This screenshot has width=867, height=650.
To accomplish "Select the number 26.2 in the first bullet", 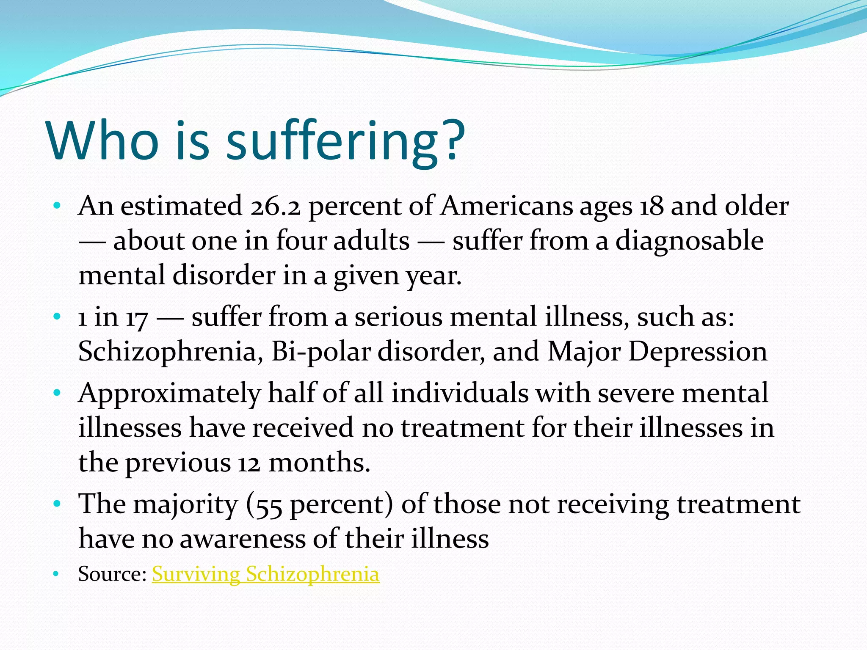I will [x=275, y=207].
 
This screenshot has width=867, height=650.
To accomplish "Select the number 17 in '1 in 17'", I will [x=136, y=318].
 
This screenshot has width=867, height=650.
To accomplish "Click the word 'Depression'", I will [x=697, y=352].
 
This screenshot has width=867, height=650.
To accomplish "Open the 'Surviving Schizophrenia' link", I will [x=265, y=574].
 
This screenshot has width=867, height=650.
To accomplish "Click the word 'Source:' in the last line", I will [x=112, y=574].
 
